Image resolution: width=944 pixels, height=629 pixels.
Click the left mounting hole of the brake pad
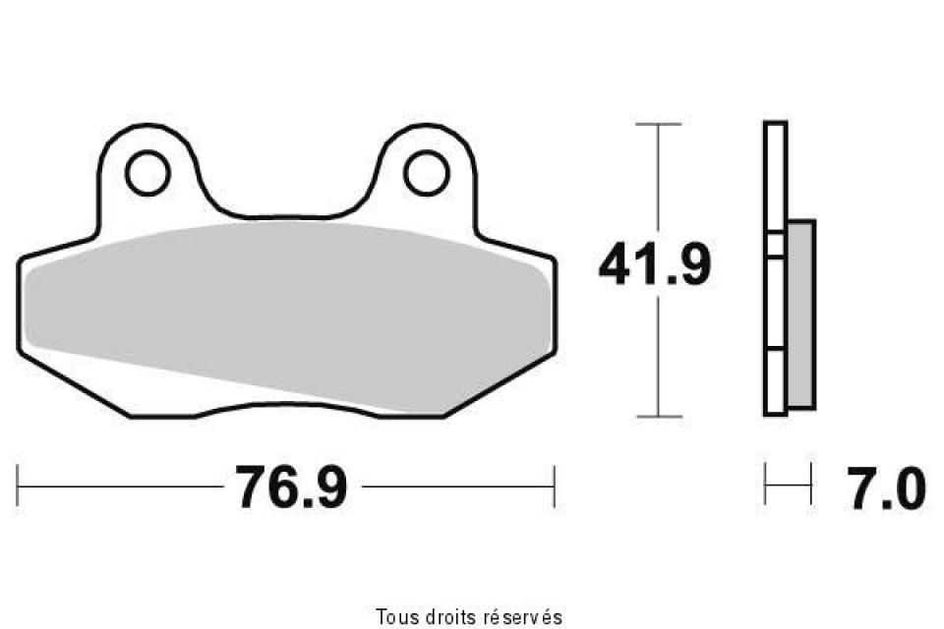[x=147, y=174]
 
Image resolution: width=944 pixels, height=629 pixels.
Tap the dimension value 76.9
[x=290, y=486]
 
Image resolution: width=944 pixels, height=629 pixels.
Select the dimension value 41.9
[x=654, y=266]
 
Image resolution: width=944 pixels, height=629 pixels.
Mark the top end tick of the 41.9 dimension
[x=658, y=125]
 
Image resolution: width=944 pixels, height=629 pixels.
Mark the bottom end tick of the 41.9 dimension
[x=658, y=416]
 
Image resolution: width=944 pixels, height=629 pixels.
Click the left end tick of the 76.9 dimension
[x=19, y=486]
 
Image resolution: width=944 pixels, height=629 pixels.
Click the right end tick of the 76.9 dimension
[x=555, y=486]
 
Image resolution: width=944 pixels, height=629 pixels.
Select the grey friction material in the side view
[x=800, y=314]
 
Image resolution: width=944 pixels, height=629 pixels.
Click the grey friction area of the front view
[x=285, y=295]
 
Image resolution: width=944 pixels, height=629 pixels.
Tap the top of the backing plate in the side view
[x=775, y=124]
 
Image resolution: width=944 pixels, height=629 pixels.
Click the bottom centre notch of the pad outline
[x=285, y=402]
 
